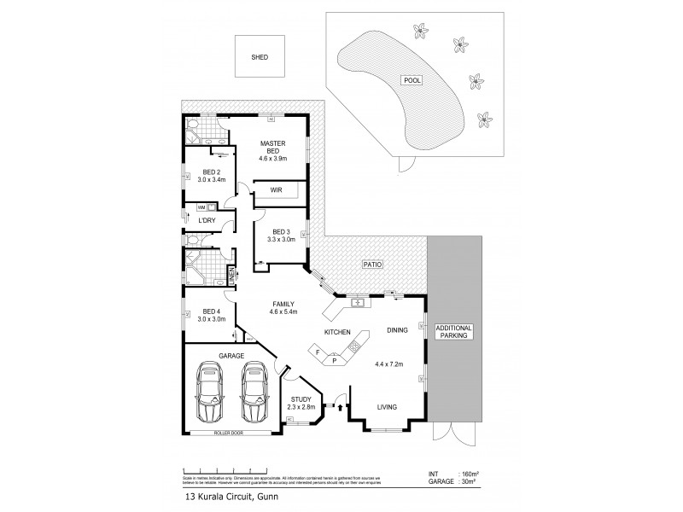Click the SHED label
point(259,58)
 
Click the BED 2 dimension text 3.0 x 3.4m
point(207,179)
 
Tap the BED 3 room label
point(283,231)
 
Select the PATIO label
point(371,265)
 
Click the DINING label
point(396,329)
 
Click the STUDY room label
point(301,399)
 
